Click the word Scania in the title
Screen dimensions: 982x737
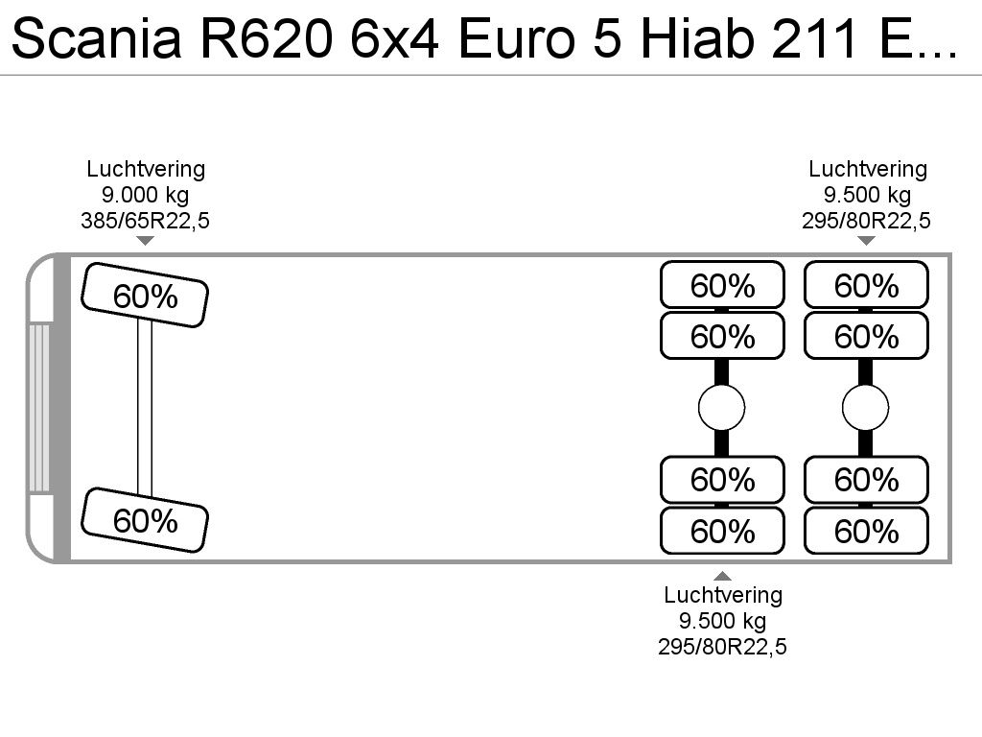click(x=97, y=38)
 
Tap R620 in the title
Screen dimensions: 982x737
click(x=267, y=38)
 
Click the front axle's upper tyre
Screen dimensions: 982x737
click(x=145, y=296)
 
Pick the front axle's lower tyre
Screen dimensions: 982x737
click(x=145, y=520)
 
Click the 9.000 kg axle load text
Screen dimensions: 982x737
click(x=146, y=195)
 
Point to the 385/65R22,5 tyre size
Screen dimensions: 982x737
click(x=146, y=221)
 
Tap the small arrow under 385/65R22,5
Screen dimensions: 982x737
click(x=146, y=241)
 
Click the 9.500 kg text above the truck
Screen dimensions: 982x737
click(x=867, y=195)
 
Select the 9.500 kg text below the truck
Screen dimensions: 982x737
click(x=723, y=621)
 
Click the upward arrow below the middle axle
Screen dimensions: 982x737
click(x=723, y=576)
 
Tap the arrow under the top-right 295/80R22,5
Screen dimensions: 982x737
click(x=866, y=241)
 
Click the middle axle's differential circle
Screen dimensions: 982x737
click(x=721, y=408)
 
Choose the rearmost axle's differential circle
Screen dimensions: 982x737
click(x=866, y=408)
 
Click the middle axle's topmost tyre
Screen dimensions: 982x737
click(x=723, y=285)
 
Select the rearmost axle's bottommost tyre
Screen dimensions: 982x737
click(x=866, y=531)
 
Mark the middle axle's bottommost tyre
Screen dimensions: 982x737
click(x=723, y=531)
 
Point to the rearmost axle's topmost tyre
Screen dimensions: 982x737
click(x=866, y=285)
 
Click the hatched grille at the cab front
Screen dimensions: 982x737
click(x=38, y=408)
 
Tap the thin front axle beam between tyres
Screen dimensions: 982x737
click(x=145, y=407)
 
